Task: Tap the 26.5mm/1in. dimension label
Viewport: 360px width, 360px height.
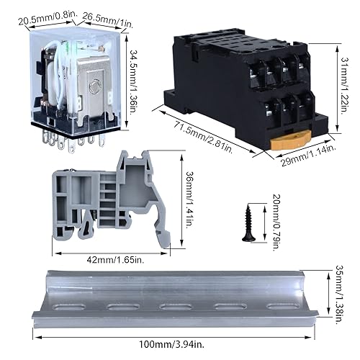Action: [108, 19]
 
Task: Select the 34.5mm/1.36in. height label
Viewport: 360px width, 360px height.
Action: [135, 82]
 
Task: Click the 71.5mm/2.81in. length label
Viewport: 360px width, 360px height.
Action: [203, 138]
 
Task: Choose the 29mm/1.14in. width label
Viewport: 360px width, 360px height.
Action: [308, 156]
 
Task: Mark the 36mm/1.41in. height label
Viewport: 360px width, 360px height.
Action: [190, 199]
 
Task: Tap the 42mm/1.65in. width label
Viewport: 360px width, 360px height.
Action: [115, 260]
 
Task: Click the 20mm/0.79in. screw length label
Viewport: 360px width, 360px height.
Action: [276, 222]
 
